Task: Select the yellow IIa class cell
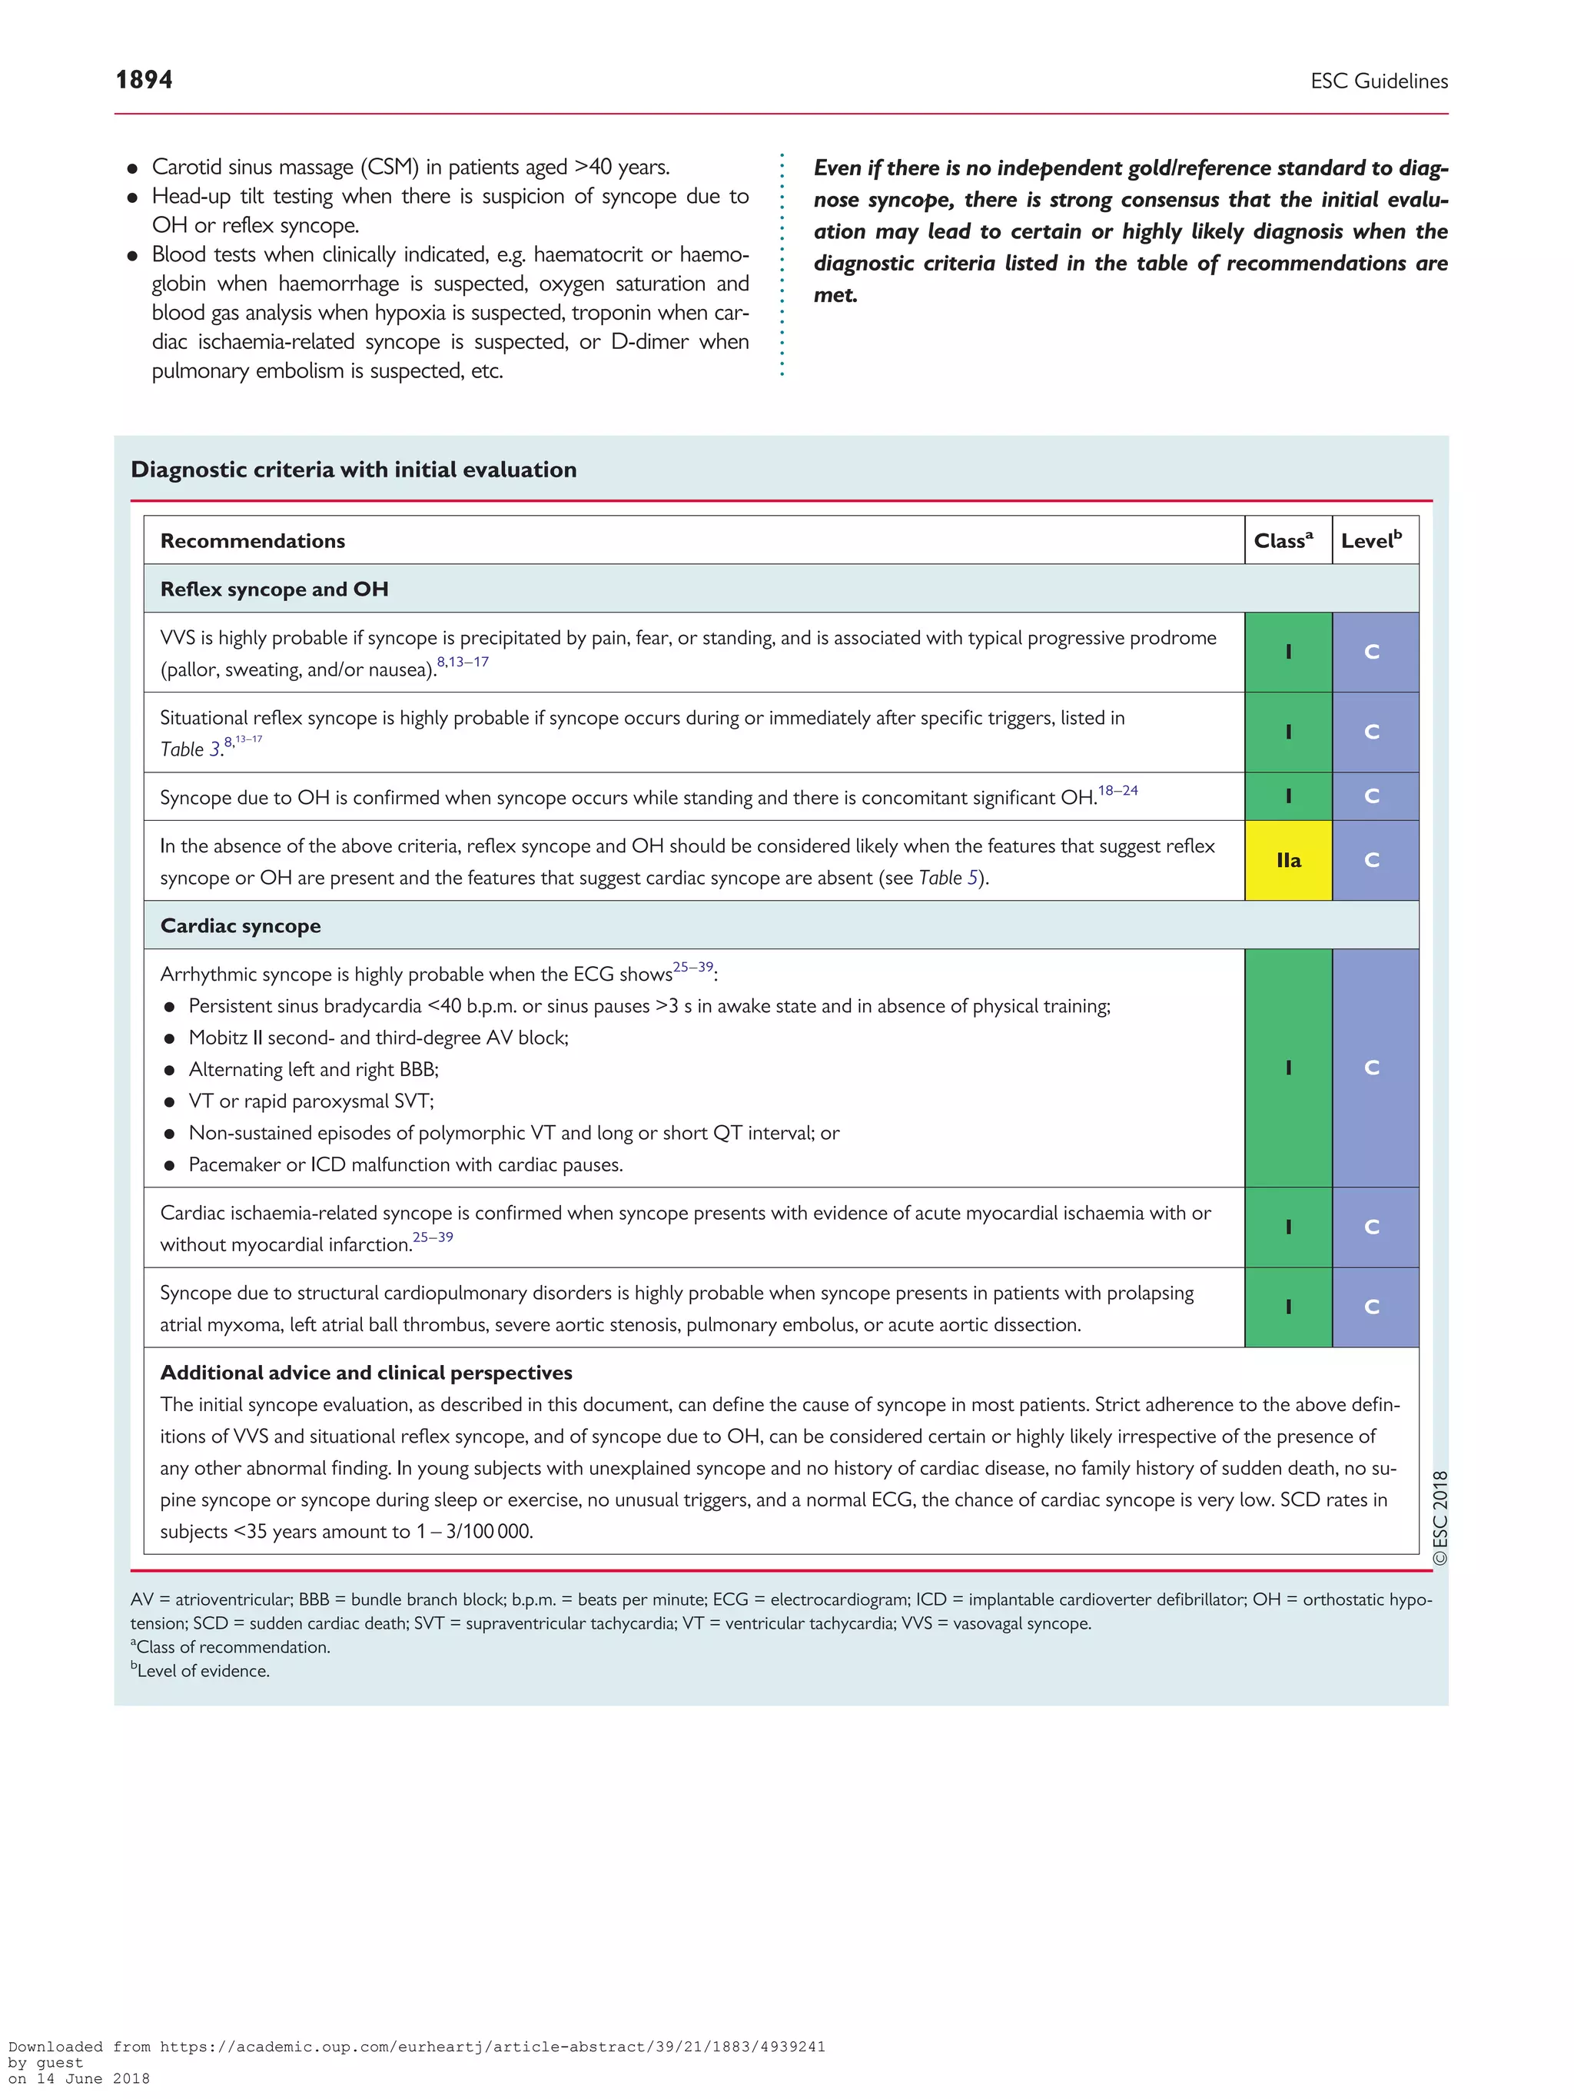click(x=1287, y=860)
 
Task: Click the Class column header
click(x=1283, y=541)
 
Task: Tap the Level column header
click(x=1370, y=541)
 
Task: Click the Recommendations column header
click(x=252, y=541)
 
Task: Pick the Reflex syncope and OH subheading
click(x=274, y=590)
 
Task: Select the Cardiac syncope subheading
click(x=240, y=926)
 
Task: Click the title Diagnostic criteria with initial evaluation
click(x=353, y=470)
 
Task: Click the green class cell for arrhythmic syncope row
click(x=1287, y=1068)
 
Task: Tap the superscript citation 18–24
click(x=1117, y=790)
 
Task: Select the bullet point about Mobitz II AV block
click(x=377, y=1037)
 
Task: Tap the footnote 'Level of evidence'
click(x=201, y=1671)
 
